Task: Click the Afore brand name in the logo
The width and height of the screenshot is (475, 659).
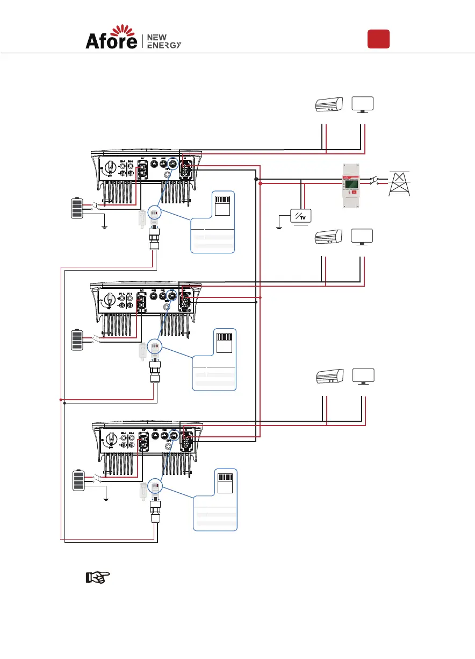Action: tap(111, 41)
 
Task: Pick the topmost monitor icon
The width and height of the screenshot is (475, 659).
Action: tap(363, 104)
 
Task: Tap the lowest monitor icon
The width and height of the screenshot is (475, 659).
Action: tap(363, 377)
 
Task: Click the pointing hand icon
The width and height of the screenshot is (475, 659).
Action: tap(97, 578)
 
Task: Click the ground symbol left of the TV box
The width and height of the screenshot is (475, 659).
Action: tap(278, 226)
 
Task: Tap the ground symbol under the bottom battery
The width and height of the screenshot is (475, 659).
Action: tap(106, 498)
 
